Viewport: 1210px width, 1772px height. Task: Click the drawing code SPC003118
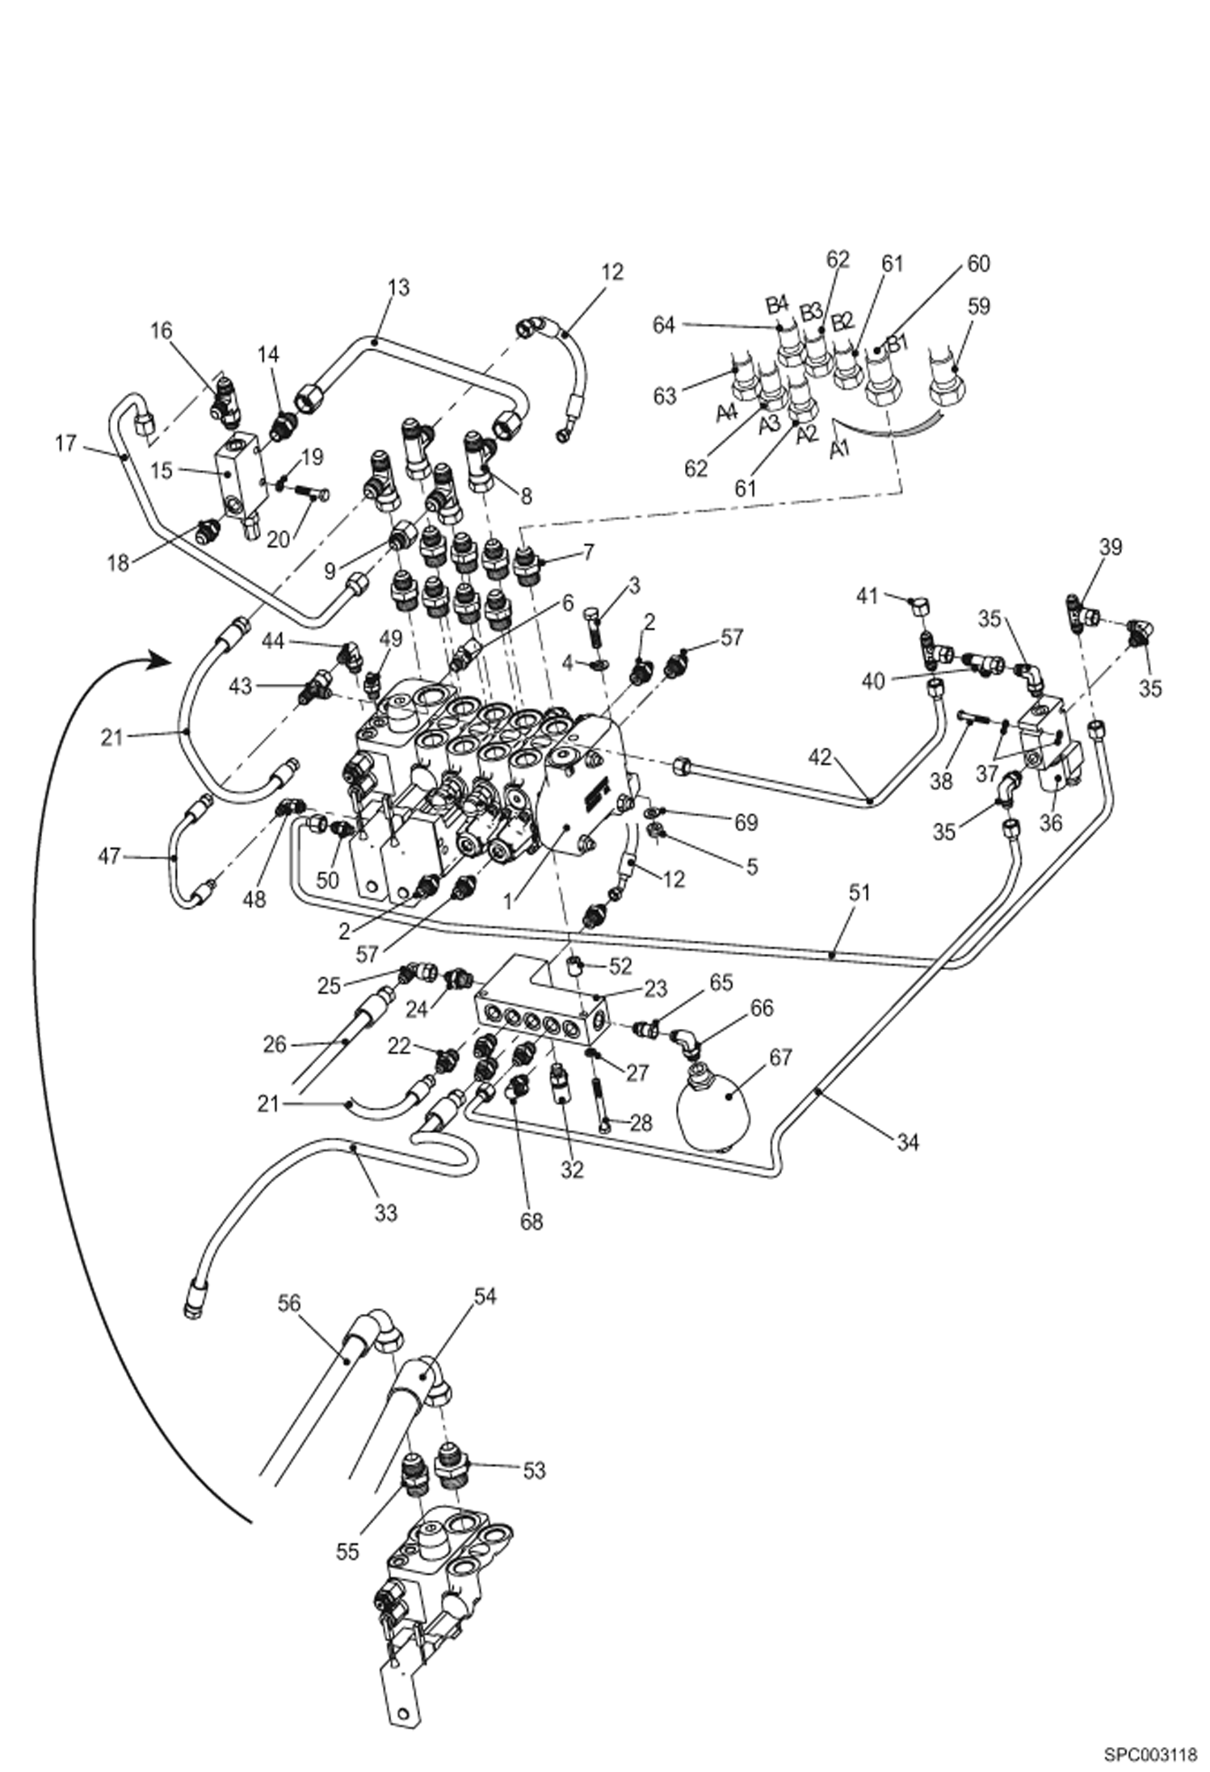click(x=1150, y=1749)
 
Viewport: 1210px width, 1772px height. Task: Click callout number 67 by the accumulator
click(x=780, y=1056)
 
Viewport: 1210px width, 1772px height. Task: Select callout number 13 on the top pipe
click(x=398, y=287)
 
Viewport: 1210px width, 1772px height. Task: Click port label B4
click(x=776, y=304)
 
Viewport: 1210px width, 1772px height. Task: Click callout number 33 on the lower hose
click(x=386, y=1212)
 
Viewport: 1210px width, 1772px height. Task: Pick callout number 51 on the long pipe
click(x=859, y=892)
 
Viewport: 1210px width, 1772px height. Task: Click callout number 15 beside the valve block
click(x=162, y=470)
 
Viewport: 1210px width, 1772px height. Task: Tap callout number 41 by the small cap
click(x=867, y=597)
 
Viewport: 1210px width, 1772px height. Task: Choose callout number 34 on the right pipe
click(x=908, y=1142)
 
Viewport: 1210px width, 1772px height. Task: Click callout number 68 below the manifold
click(x=531, y=1222)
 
